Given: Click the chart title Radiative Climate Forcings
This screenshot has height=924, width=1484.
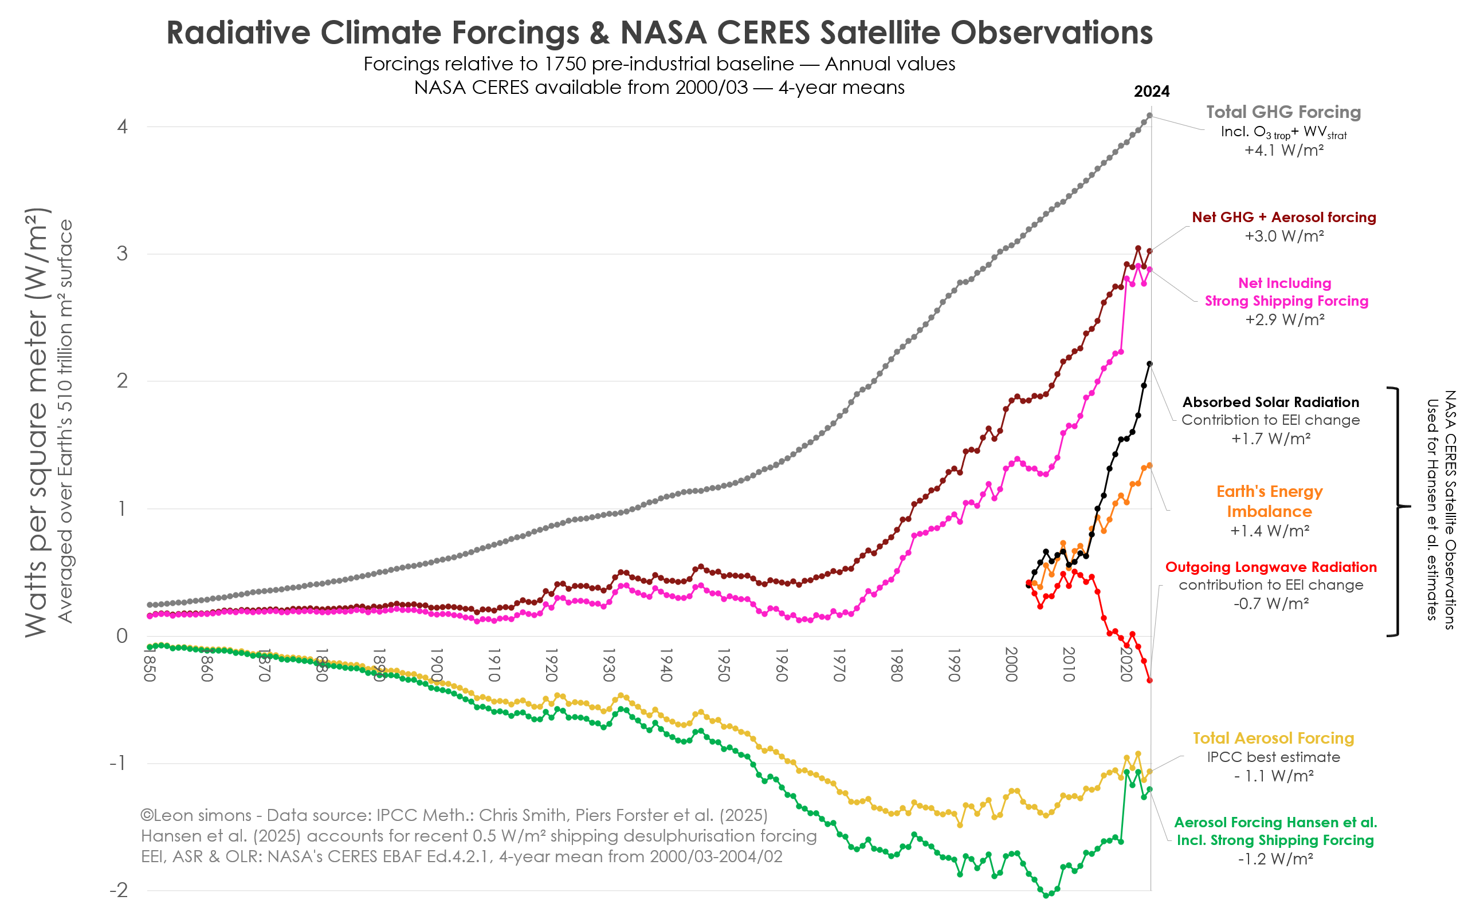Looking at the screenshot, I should click(x=659, y=33).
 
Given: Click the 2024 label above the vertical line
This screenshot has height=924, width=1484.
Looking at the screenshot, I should click(x=1151, y=92).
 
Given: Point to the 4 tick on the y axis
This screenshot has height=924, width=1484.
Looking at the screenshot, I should click(x=122, y=127).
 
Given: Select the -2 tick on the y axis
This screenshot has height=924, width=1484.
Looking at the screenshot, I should click(x=119, y=890).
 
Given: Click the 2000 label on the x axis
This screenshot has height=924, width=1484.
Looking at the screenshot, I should click(x=1011, y=665).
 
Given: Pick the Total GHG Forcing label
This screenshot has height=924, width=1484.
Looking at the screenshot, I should click(x=1283, y=112).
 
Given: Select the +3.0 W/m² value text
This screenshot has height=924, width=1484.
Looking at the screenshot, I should click(x=1283, y=236).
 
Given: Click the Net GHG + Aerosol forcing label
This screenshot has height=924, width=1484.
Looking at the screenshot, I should click(x=1283, y=218).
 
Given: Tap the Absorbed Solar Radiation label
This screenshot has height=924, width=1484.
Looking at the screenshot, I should click(x=1271, y=402).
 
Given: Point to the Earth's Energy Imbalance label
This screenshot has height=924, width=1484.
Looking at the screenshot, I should click(x=1269, y=501).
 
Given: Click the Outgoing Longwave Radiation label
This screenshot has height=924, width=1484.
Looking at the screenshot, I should click(x=1271, y=567).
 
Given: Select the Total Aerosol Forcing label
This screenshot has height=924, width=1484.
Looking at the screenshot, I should click(x=1273, y=738).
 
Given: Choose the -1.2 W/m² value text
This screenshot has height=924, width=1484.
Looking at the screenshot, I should click(x=1275, y=859).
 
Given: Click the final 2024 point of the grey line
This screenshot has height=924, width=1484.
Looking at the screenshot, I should click(x=1149, y=116).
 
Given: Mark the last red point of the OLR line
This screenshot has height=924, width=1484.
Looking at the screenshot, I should click(x=1149, y=680).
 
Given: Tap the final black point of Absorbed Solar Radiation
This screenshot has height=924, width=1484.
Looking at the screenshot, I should click(x=1149, y=364).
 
